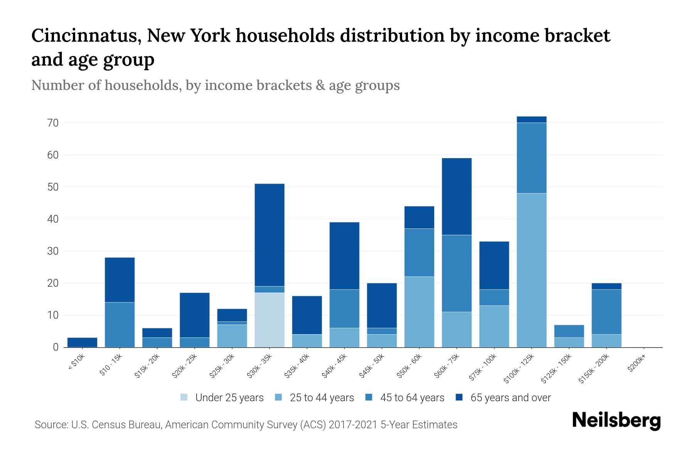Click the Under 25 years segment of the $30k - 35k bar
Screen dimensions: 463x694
(270, 320)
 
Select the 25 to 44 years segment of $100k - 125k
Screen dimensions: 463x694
(531, 270)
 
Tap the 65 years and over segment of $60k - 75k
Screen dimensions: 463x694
(456, 196)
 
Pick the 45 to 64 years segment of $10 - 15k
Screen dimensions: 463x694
(120, 324)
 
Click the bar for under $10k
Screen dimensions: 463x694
(82, 342)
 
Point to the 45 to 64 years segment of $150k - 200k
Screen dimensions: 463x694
(606, 312)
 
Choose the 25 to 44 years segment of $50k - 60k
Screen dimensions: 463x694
(419, 312)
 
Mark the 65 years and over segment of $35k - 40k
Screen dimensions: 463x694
(307, 315)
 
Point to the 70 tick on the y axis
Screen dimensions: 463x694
(53, 123)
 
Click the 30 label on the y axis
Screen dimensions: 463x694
(53, 251)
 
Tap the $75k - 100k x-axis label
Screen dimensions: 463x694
(483, 368)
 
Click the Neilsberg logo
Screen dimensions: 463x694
(617, 421)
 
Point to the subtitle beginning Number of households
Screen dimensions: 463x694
(215, 85)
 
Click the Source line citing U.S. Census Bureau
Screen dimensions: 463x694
(246, 425)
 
